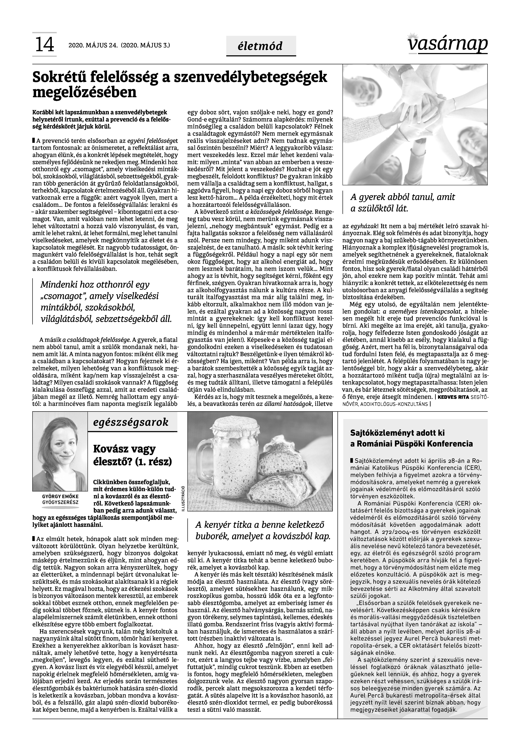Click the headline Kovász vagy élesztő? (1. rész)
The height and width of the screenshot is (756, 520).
point(132,455)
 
